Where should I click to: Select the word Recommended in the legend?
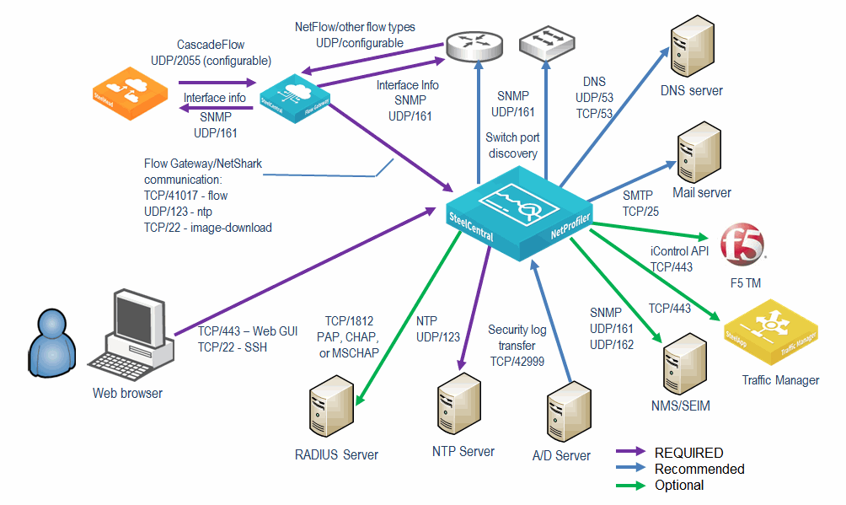tap(699, 469)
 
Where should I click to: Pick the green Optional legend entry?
tap(679, 485)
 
